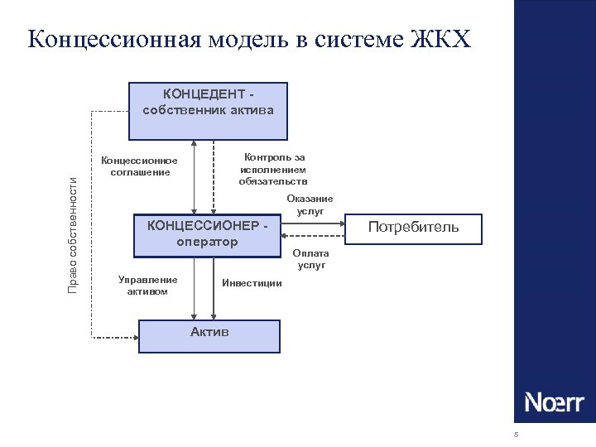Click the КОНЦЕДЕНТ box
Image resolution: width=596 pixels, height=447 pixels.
point(208,110)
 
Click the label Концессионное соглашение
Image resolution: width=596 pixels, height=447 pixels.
point(139,166)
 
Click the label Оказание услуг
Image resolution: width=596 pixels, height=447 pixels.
point(310,204)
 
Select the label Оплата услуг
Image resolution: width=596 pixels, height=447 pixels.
point(311,259)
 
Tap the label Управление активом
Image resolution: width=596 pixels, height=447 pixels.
point(147,286)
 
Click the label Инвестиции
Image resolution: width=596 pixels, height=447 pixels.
point(252,283)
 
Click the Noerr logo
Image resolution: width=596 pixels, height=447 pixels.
point(554,403)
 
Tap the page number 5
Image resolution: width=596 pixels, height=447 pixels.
point(516,435)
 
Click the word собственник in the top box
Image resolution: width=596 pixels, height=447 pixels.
point(178,110)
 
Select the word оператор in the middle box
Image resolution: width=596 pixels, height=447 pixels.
point(207,242)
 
